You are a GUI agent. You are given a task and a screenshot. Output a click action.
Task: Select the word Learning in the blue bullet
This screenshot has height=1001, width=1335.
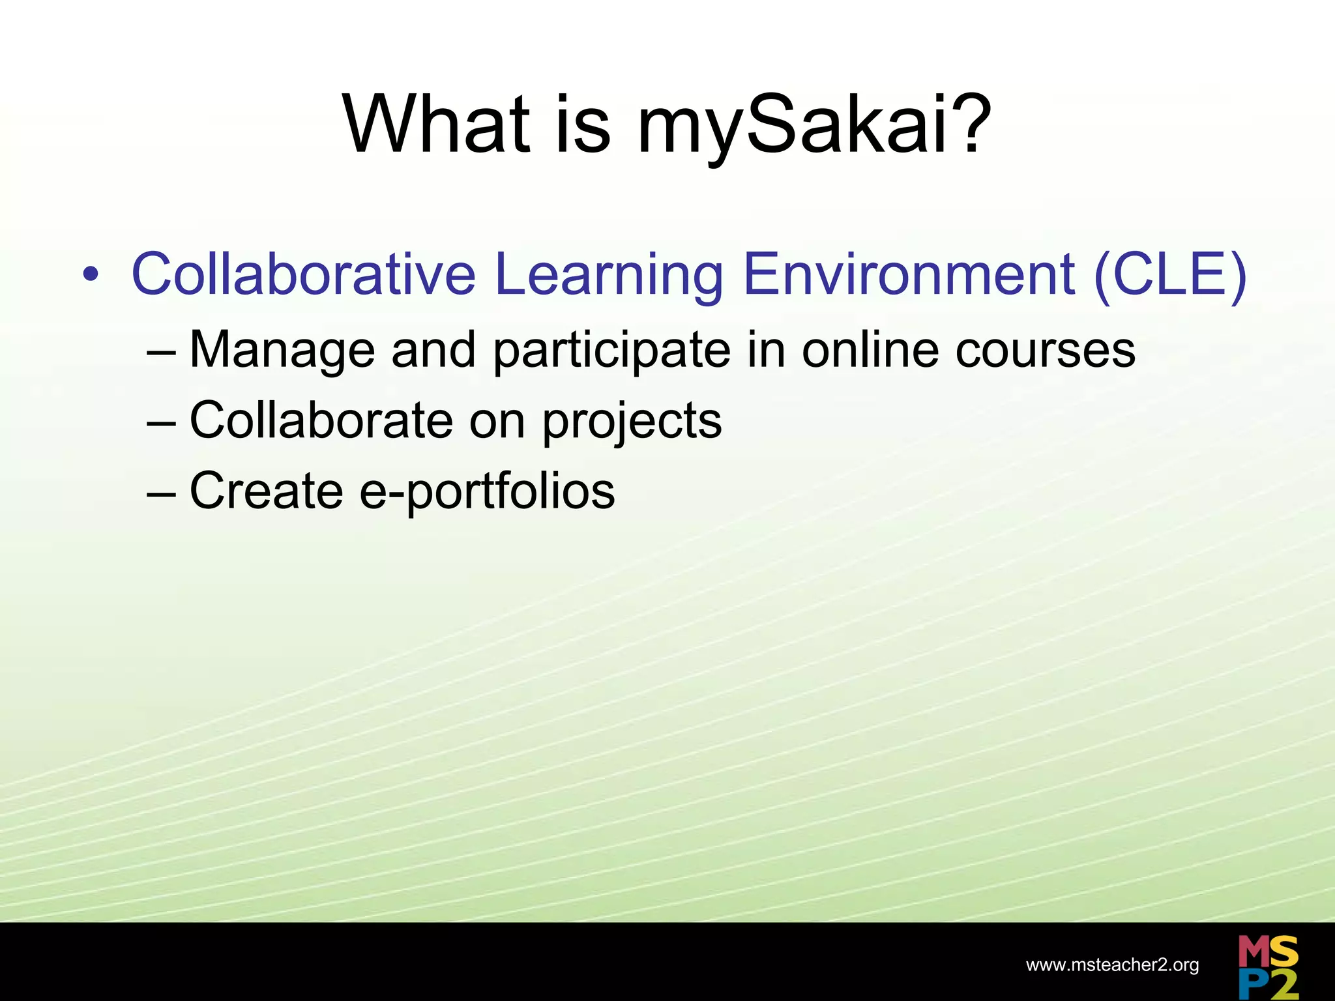(x=609, y=275)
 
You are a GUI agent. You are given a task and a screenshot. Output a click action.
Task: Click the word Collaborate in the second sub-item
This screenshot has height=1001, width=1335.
(x=321, y=420)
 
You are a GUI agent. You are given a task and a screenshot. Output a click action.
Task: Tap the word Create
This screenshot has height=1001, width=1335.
(x=266, y=491)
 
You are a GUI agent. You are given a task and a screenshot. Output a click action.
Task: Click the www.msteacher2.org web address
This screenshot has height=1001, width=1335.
(x=1112, y=965)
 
